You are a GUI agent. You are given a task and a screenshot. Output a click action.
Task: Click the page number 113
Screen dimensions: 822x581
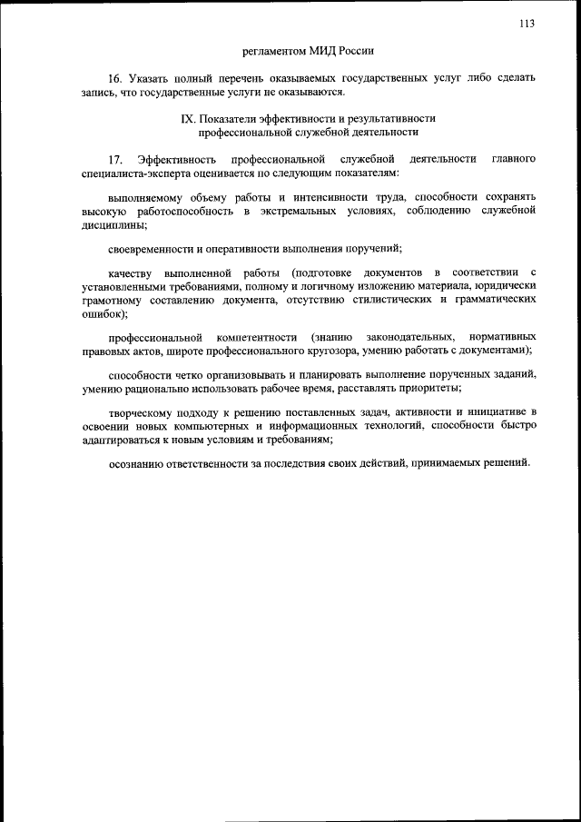point(526,25)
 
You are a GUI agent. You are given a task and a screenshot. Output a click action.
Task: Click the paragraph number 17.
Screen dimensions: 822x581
point(115,159)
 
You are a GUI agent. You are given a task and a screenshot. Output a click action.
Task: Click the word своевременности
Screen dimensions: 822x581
point(151,249)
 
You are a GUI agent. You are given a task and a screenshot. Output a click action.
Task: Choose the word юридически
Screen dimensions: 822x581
point(507,287)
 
